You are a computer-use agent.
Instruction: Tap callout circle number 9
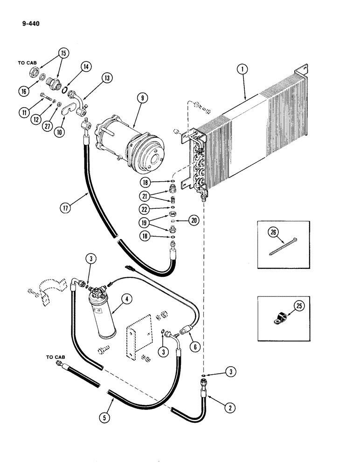128,98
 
